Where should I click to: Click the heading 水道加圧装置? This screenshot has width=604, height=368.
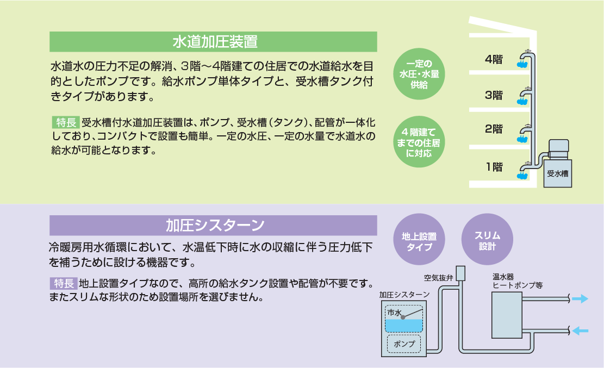pyautogui.click(x=214, y=42)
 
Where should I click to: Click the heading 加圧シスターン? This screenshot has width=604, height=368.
pyautogui.click(x=214, y=225)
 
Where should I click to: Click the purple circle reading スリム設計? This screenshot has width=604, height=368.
pyautogui.click(x=487, y=240)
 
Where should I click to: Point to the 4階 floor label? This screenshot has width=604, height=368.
pyautogui.click(x=494, y=59)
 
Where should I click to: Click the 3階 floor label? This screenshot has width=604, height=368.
pyautogui.click(x=494, y=95)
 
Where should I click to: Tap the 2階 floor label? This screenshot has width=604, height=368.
pyautogui.click(x=494, y=129)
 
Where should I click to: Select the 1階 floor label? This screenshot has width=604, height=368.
pyautogui.click(x=494, y=167)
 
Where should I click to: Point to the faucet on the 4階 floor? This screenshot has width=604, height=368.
pyautogui.click(x=523, y=61)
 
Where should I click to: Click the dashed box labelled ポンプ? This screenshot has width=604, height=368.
pyautogui.click(x=404, y=344)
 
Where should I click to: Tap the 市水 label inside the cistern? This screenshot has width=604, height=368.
pyautogui.click(x=394, y=314)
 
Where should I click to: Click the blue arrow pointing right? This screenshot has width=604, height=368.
pyautogui.click(x=580, y=298)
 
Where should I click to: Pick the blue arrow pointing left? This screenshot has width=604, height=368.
pyautogui.click(x=580, y=329)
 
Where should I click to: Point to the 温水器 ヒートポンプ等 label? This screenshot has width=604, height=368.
pyautogui.click(x=516, y=280)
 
